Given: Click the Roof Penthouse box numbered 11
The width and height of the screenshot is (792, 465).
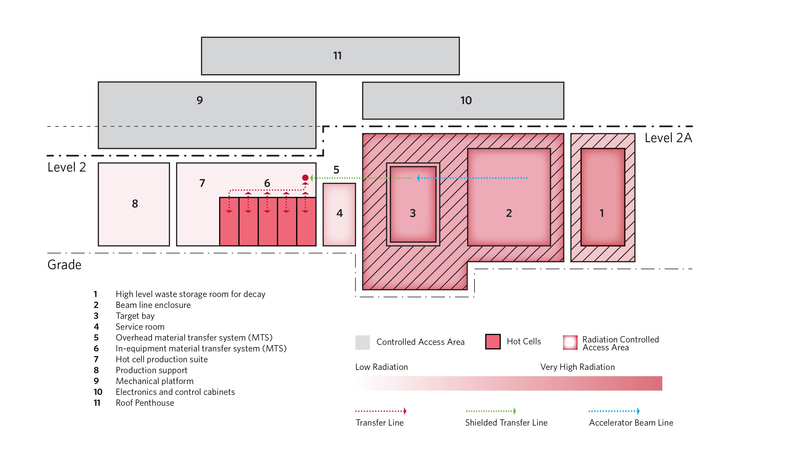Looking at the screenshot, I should (x=330, y=56).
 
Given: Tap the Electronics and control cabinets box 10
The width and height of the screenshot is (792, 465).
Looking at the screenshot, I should (x=463, y=101).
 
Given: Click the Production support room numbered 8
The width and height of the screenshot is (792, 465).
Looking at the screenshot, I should (x=134, y=204).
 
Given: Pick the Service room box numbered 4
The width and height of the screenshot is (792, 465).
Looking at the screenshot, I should (x=339, y=214).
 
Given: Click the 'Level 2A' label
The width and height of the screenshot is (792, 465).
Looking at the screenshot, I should (x=668, y=138).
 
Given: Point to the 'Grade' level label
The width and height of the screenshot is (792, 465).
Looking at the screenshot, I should (x=64, y=265).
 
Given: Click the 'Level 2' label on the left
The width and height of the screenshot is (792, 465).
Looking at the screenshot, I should (x=67, y=167).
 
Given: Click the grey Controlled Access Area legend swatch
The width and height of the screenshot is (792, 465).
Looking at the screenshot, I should (x=362, y=342).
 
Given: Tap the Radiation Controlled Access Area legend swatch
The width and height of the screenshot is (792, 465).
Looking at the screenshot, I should (x=570, y=342).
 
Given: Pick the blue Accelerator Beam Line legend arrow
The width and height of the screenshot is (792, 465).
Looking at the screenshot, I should (x=614, y=411).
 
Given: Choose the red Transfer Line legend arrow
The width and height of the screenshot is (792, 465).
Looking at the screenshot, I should (x=381, y=411).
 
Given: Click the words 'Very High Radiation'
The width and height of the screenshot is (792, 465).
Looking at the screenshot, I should (x=577, y=367).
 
